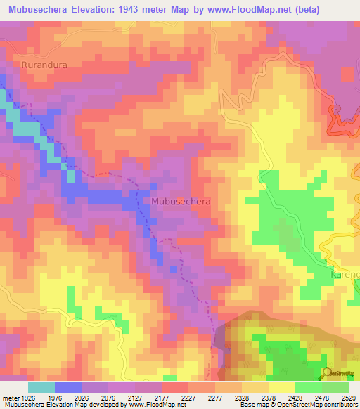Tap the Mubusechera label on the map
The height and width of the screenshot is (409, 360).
click(181, 201)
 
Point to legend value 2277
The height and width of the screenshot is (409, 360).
click(207, 397)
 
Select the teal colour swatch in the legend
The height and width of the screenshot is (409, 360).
click(41, 387)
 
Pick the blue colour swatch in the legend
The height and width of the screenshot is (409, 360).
click(68, 387)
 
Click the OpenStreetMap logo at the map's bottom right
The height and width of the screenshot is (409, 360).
click(340, 374)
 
